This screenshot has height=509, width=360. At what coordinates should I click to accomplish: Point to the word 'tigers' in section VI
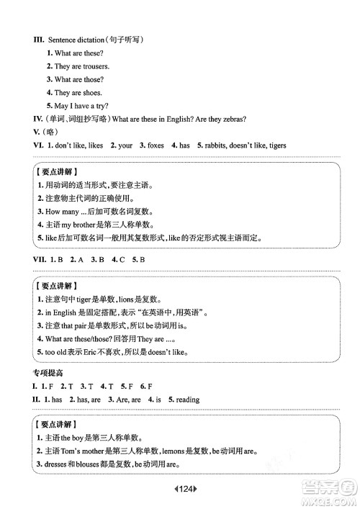coord(275,145)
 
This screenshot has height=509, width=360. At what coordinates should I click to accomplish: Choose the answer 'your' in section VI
coord(125,145)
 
